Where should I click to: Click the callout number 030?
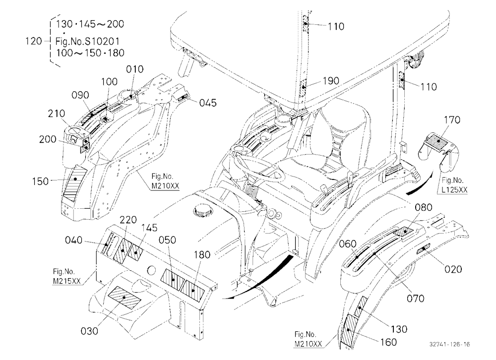(x=89, y=331)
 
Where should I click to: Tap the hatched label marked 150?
(x=75, y=184)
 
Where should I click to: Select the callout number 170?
(x=452, y=120)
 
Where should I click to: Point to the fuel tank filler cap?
(x=202, y=209)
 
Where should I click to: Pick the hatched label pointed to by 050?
(x=173, y=280)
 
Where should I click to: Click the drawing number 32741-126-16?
(x=449, y=344)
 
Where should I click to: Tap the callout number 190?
(x=330, y=81)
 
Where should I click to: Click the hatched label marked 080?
(x=405, y=232)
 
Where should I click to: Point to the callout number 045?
(x=208, y=103)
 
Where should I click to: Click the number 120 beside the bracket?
(x=34, y=41)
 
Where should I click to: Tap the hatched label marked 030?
(x=124, y=298)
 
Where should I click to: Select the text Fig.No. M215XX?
(x=67, y=277)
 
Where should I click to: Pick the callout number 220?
(x=128, y=220)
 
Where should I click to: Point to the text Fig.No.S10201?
(x=87, y=41)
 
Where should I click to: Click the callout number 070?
(x=415, y=299)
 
